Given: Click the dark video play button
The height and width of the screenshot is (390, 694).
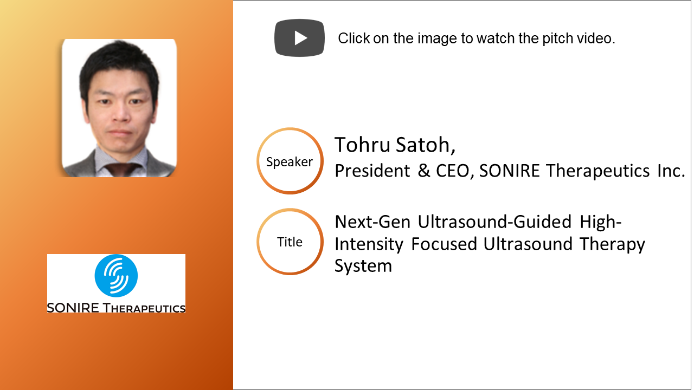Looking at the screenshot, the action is coord(299,38).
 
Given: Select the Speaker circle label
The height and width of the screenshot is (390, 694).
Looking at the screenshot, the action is coord(290,161).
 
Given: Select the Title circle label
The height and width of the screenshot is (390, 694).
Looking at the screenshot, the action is coord(290,242).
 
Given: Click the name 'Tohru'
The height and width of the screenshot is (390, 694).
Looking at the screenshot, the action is coord(362,145).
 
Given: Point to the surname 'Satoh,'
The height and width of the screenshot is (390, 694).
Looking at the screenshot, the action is coord(426,145).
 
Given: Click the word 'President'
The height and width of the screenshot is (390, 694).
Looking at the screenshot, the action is coord(372,171).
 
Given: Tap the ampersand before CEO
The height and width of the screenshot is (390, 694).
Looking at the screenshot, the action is coord(424,171).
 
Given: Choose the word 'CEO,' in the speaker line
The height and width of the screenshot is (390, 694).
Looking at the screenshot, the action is coord(455,171).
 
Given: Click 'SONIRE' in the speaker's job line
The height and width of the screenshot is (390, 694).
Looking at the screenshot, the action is coord(509,171).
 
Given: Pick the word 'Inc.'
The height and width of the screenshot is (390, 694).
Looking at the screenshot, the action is coord(671,171).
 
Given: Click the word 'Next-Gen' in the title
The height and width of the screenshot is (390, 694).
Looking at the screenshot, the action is coord(372,222).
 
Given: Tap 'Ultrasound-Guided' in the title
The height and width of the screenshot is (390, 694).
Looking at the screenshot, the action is coord(494,222).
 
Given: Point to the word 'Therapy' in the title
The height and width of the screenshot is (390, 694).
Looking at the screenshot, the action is coord(612,244).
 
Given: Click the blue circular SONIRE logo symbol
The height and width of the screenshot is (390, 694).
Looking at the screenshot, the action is coord(116,276).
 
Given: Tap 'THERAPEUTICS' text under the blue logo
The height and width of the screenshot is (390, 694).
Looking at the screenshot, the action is coord(144,308).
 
